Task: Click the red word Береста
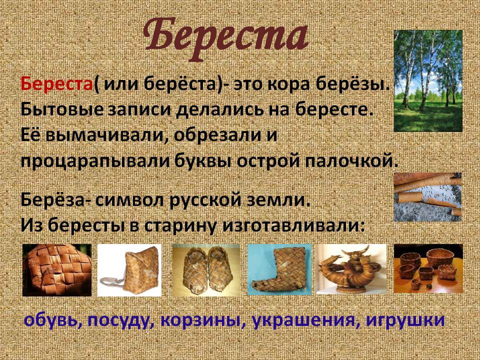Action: [57, 84]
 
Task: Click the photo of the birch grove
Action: [428, 81]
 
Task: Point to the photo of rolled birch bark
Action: [427, 197]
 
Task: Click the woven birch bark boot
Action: [279, 269]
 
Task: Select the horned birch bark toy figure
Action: [351, 269]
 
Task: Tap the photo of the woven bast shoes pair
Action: [206, 270]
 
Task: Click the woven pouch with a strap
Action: [129, 270]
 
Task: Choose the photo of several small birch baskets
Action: [428, 268]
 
